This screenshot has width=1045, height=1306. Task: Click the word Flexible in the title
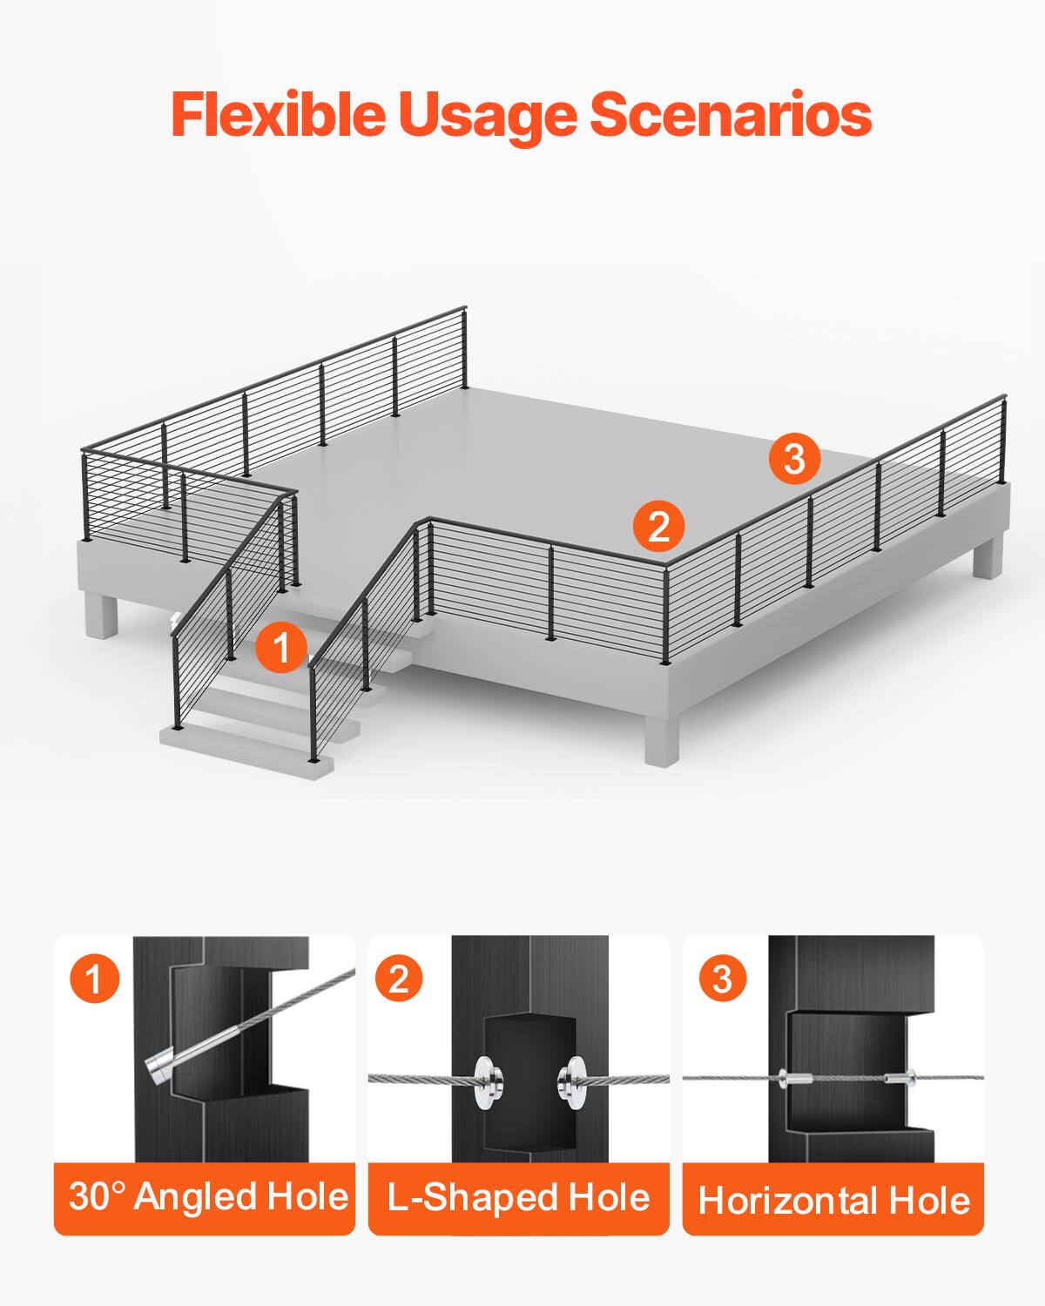pyautogui.click(x=277, y=114)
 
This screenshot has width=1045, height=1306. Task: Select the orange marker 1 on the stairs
pyautogui.click(x=281, y=648)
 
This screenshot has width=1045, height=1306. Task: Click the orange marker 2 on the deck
pyautogui.click(x=658, y=526)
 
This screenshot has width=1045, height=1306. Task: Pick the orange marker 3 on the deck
pyautogui.click(x=794, y=458)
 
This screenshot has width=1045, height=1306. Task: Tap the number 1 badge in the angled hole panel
pyautogui.click(x=94, y=979)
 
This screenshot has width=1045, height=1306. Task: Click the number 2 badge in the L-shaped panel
pyautogui.click(x=398, y=979)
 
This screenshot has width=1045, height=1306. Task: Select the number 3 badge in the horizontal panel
pyautogui.click(x=722, y=979)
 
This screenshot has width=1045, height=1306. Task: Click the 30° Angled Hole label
pyautogui.click(x=207, y=1196)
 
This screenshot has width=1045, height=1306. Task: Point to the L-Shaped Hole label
pyautogui.click(x=519, y=1198)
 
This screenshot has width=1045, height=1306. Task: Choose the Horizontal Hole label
pyautogui.click(x=833, y=1201)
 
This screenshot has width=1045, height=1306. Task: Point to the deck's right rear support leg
pyautogui.click(x=988, y=557)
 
